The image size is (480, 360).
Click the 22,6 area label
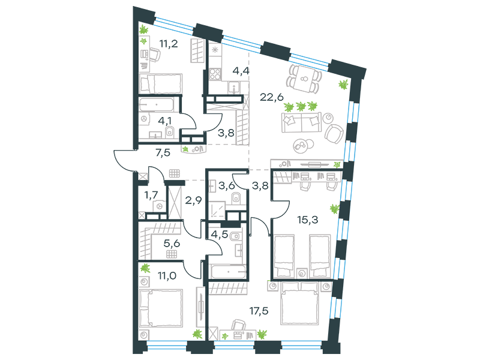pos(272,97)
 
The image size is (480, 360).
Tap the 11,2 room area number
pos(169,44)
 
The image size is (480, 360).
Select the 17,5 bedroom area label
pos(259,311)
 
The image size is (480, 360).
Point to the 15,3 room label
pos(308,220)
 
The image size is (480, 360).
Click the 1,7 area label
pos(151,194)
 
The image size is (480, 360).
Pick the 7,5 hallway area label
pos(163,152)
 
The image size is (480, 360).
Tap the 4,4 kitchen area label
pos(241,71)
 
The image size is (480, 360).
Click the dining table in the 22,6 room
pos(304,79)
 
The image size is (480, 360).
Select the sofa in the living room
pos(302,122)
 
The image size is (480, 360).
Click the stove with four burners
pos(215,74)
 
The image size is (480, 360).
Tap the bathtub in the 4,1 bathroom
pos(157,104)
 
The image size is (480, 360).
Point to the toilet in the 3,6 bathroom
pos(236,197)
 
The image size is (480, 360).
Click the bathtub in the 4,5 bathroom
pos(229,272)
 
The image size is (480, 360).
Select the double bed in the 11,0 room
pos(161,308)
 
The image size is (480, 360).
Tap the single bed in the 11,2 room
pos(161,83)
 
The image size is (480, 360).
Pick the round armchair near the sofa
pos(334,134)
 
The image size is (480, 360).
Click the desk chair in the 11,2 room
pos(155,55)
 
